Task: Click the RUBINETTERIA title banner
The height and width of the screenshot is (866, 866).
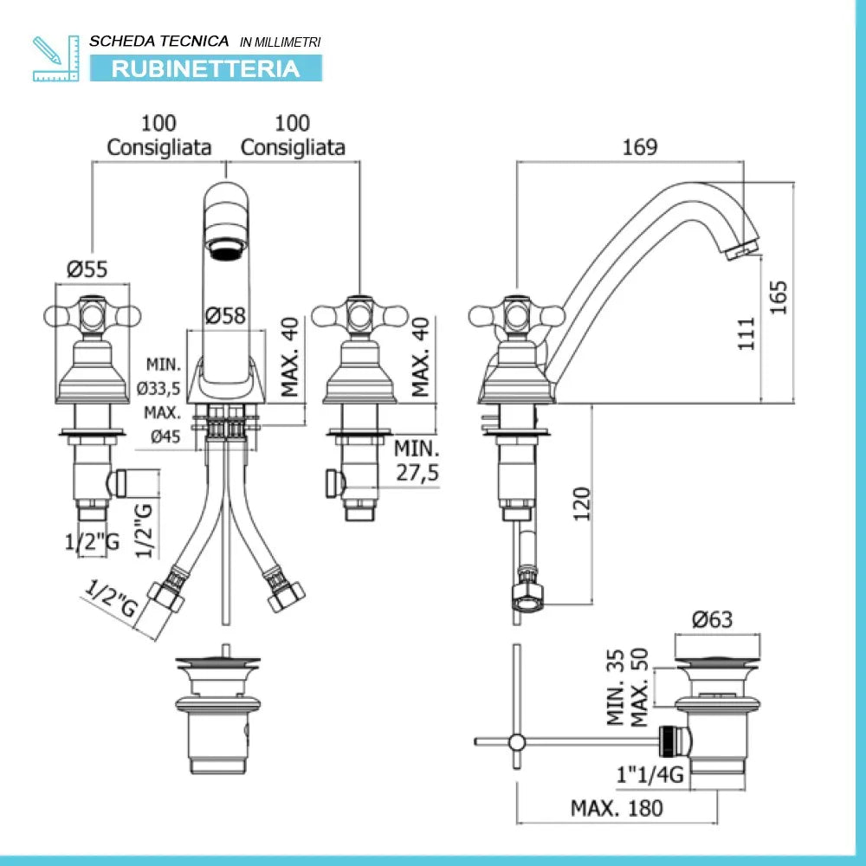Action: click(205, 68)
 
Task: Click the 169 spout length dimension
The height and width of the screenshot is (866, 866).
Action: click(640, 147)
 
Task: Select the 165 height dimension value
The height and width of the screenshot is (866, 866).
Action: click(779, 296)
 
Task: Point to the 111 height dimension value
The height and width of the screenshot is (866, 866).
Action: click(746, 333)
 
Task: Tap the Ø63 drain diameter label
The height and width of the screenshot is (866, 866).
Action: click(712, 620)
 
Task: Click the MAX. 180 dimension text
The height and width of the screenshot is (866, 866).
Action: click(617, 808)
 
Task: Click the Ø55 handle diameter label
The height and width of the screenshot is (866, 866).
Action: click(87, 269)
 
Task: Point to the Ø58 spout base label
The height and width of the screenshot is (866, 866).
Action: click(226, 316)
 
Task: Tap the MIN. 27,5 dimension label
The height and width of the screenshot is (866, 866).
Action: click(417, 461)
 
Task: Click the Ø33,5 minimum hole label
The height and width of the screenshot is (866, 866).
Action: click(164, 386)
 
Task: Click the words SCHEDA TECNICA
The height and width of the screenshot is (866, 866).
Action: click(159, 41)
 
